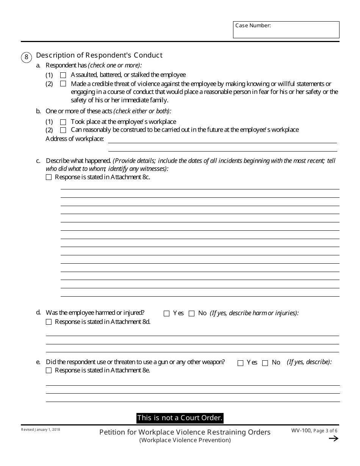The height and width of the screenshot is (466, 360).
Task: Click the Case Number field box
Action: coord(286,30)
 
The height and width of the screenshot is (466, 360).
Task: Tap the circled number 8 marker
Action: coord(26,57)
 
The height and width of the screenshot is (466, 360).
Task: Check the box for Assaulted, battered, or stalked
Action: coord(63,75)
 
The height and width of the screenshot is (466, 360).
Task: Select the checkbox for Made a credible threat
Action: coord(63,84)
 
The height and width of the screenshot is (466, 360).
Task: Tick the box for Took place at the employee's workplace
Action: coord(63,122)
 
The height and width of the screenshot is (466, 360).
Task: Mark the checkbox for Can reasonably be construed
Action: coord(63,130)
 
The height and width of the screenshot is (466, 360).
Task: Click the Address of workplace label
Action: coord(75,139)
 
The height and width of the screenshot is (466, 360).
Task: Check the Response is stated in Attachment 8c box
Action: coord(49,177)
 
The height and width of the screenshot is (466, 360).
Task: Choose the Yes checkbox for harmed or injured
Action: coord(166,313)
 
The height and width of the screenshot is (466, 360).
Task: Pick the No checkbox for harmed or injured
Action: coord(191,313)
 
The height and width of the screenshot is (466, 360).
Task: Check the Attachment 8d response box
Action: coord(49,322)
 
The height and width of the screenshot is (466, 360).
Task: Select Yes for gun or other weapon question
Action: coord(240,363)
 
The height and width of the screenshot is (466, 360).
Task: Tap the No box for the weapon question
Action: coord(265,363)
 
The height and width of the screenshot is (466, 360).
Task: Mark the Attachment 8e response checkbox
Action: coord(49,371)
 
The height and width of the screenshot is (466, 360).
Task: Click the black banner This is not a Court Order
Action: coord(180,418)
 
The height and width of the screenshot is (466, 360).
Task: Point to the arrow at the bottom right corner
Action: coord(333,439)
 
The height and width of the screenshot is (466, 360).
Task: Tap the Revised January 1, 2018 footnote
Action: coord(41,430)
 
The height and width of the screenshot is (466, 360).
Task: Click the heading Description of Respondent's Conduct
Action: coord(99,55)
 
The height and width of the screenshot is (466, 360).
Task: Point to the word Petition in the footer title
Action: coord(112,432)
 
